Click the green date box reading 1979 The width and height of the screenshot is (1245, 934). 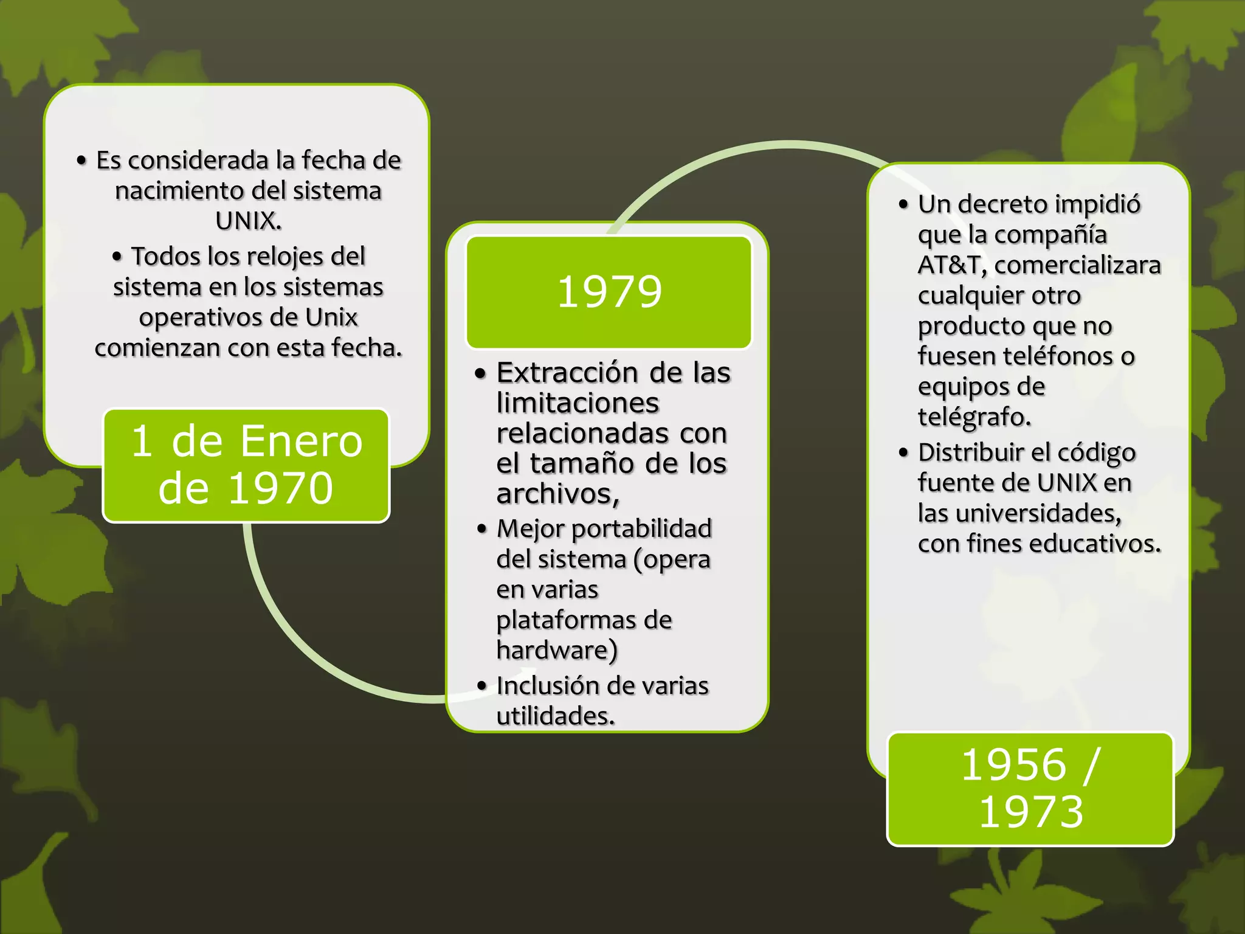[x=609, y=292]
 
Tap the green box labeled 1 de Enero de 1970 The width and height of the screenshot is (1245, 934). [x=246, y=465]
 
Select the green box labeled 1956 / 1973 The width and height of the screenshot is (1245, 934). [x=1030, y=789]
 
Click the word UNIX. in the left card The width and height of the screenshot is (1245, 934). [x=249, y=221]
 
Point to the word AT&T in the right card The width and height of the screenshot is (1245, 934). [x=952, y=265]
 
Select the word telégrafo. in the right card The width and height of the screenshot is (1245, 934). [x=974, y=417]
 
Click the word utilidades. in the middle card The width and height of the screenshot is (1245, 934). [x=556, y=716]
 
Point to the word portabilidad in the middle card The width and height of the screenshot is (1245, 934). [x=642, y=529]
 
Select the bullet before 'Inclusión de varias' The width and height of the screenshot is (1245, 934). [x=482, y=686]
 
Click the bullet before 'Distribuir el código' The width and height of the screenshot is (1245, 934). [x=904, y=452]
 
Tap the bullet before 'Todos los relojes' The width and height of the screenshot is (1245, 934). [x=117, y=257]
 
